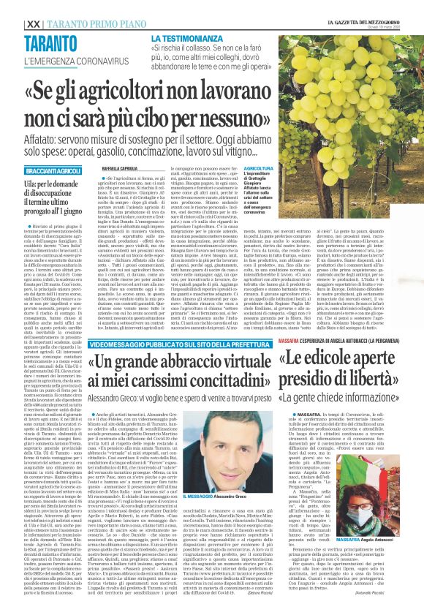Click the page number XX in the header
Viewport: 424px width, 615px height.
pyautogui.click(x=12, y=6)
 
